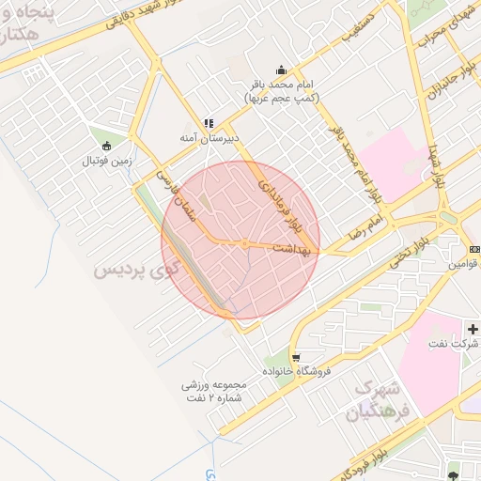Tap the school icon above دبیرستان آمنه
pos(208,123)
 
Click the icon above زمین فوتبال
pos(106,146)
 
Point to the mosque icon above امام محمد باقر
pos(281,70)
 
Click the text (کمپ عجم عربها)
pos(281,98)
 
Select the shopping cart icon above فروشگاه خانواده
pos(296,358)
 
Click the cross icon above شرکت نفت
pos(473,330)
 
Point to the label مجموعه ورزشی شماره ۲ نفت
pos(215,391)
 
